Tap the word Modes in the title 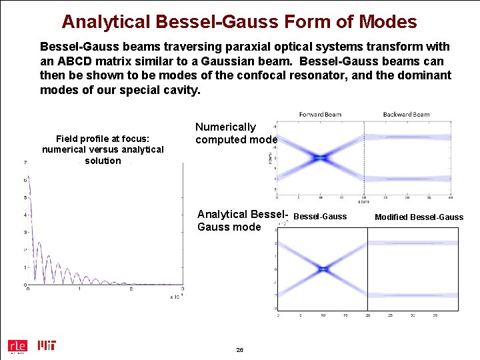pos(387,21)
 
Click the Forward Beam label pos(320,115)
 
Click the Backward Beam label pos(406,115)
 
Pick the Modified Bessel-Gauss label pos(419,217)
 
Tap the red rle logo pos(17,345)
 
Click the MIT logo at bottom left pos(47,345)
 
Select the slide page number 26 pos(239,350)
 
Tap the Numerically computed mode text pos(235,133)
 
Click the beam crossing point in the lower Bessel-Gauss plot pos(323,269)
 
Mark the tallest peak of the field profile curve pos(27,179)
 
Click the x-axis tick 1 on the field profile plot pos(79,289)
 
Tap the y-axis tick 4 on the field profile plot pos(25,215)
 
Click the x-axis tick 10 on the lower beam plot pos(323,315)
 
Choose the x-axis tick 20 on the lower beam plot pos(367,315)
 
